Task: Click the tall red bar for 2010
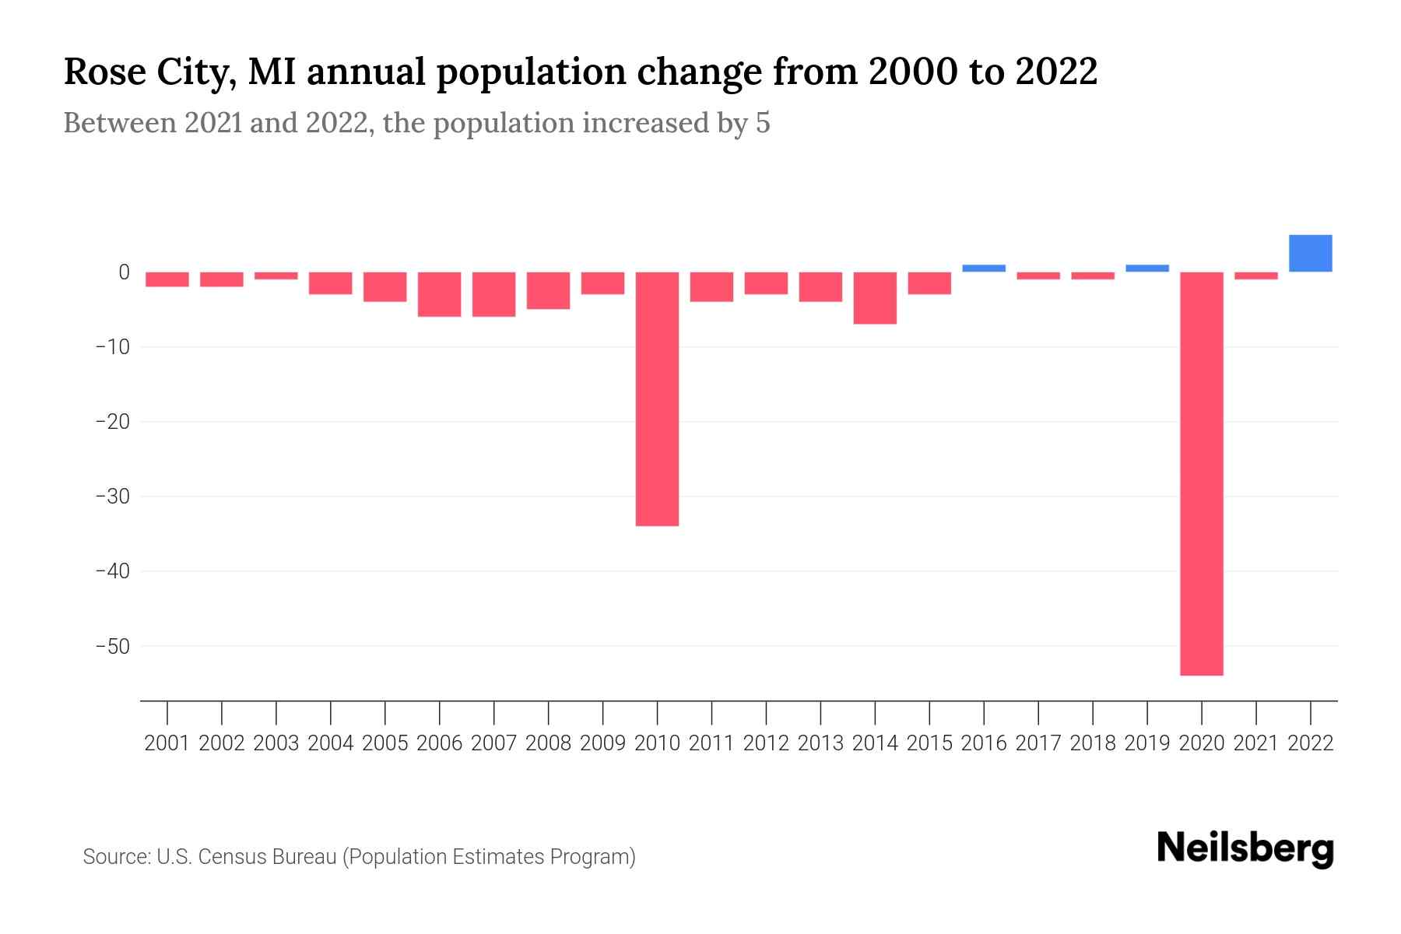[x=657, y=399]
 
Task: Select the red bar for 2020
[x=1202, y=473]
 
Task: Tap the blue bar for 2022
[x=1310, y=253]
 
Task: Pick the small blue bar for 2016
[x=984, y=268]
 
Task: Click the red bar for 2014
[x=875, y=297]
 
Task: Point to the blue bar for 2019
[x=1147, y=268]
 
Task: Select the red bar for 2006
[x=440, y=294]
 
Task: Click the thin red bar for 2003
[x=276, y=276]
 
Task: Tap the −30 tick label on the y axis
[x=112, y=497]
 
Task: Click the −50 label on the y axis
[x=112, y=646]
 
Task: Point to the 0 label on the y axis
[x=124, y=272]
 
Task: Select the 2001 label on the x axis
[x=167, y=743]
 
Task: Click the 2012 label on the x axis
[x=766, y=743]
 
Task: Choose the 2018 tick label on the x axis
[x=1093, y=743]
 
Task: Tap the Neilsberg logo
[x=1245, y=848]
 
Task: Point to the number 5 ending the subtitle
[x=763, y=123]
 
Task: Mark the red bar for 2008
[x=549, y=290]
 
